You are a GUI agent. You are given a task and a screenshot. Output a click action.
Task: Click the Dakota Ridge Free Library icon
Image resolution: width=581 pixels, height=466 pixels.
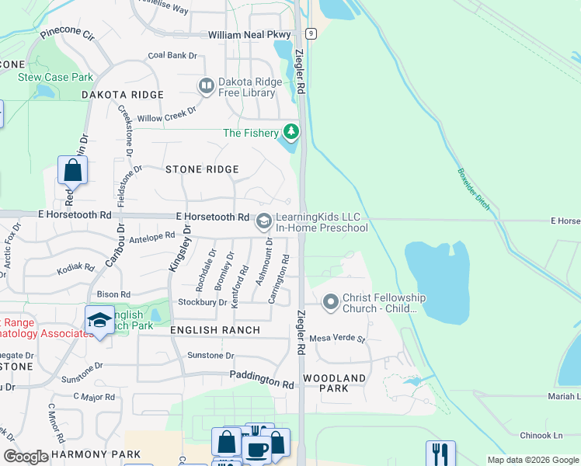pyautogui.click(x=207, y=85)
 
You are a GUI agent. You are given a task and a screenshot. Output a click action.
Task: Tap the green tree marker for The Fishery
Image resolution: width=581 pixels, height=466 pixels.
pyautogui.click(x=291, y=132)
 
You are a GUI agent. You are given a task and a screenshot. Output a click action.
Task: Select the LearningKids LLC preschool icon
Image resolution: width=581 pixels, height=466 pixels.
pyautogui.click(x=263, y=222)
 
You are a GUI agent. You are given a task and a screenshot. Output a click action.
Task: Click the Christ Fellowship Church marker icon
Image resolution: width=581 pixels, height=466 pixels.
pyautogui.click(x=331, y=301)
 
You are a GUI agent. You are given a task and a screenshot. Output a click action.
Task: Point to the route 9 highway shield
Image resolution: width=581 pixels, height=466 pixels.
pyautogui.click(x=311, y=33)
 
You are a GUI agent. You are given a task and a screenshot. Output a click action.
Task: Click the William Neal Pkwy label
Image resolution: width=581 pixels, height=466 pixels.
pyautogui.click(x=249, y=35)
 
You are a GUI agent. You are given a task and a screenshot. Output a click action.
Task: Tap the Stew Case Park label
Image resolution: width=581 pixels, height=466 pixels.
pyautogui.click(x=56, y=77)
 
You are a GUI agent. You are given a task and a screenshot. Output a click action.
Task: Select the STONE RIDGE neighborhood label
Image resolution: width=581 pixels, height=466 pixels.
pyautogui.click(x=201, y=169)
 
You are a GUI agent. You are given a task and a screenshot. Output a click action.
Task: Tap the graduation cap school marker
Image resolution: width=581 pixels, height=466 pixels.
pyautogui.click(x=99, y=320)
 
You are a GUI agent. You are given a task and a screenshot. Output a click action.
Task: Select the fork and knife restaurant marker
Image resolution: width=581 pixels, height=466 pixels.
pyautogui.click(x=440, y=453)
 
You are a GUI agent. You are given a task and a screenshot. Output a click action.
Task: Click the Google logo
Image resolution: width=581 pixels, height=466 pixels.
pyautogui.click(x=26, y=457)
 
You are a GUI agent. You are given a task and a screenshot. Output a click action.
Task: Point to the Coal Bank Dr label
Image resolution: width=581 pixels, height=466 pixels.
pyautogui.click(x=172, y=55)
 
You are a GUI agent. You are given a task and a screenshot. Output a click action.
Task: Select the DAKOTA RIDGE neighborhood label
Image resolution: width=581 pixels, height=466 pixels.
pyautogui.click(x=123, y=95)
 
